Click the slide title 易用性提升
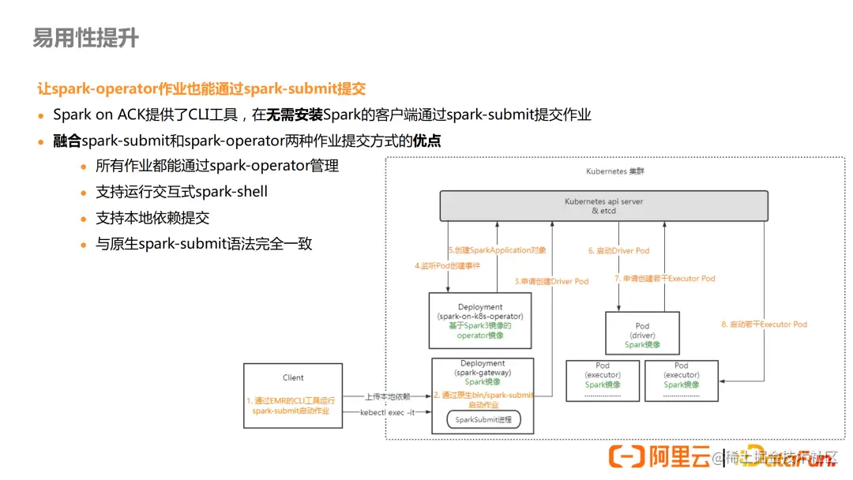[85, 37]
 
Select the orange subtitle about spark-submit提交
[201, 88]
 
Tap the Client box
[293, 396]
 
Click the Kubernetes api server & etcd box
[604, 206]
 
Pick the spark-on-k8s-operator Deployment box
[480, 321]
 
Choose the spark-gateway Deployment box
[483, 396]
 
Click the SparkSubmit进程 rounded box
[483, 419]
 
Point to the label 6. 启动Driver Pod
[618, 250]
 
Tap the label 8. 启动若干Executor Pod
[764, 324]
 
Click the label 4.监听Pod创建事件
[447, 266]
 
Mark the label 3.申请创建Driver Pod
[551, 281]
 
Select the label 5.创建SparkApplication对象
[497, 250]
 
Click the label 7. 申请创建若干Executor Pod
[665, 279]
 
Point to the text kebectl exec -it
[387, 412]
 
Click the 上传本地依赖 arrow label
[387, 396]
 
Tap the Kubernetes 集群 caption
[615, 171]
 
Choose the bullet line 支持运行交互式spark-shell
[182, 192]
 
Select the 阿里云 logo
[659, 457]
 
